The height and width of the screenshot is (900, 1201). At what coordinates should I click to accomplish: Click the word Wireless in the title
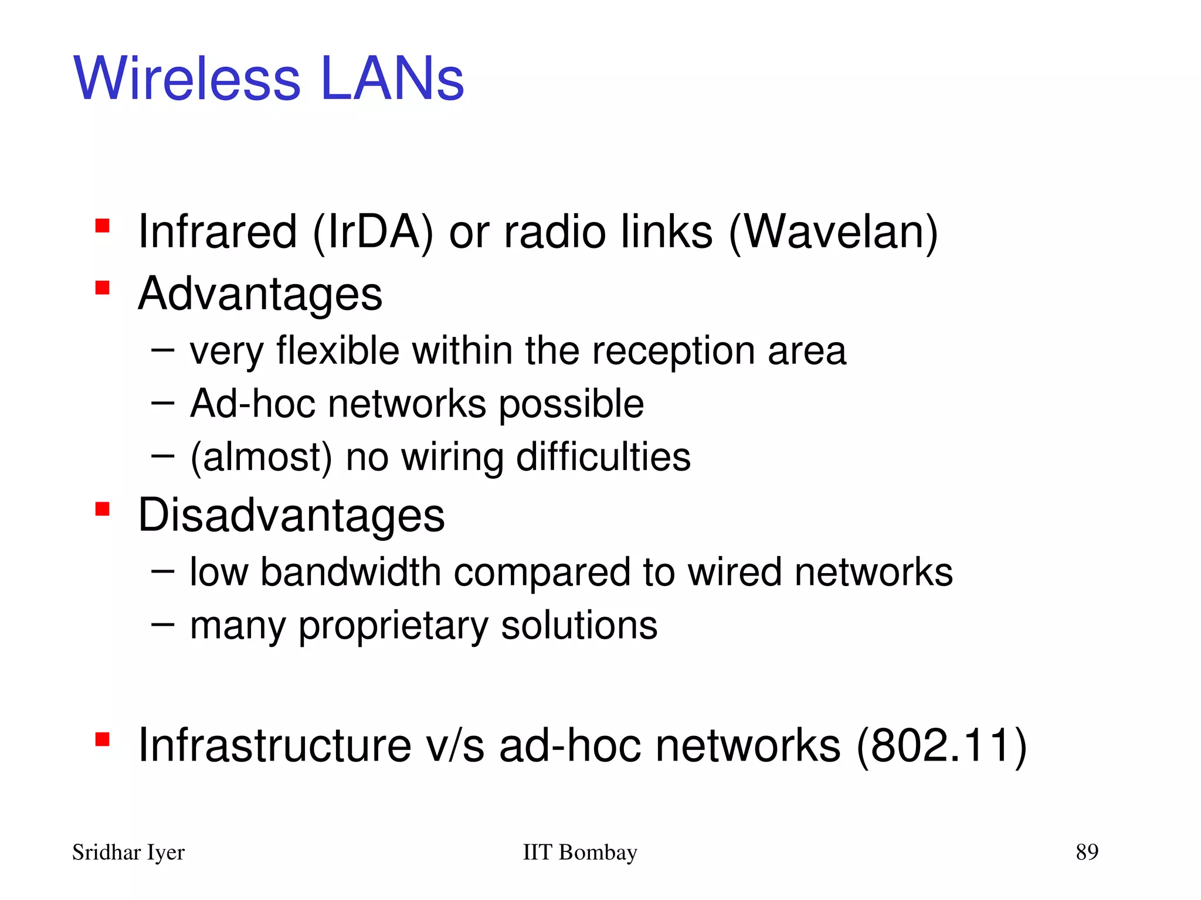coord(187,79)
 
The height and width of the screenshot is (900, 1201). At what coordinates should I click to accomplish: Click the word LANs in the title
coord(392,79)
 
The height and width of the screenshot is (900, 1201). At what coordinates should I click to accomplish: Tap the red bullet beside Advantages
coord(103,288)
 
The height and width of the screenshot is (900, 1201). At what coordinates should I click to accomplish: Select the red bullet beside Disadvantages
coord(103,509)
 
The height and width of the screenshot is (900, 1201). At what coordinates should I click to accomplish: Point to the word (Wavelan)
coord(833,232)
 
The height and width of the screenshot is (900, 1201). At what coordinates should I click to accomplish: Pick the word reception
coord(673,352)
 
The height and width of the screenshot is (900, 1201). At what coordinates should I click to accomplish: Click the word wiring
coord(452,457)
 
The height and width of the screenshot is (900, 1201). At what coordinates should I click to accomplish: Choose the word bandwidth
coord(351,572)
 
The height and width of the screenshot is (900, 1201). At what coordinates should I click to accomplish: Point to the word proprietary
coord(393,626)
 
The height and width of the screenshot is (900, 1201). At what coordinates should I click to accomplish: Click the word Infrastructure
coord(274,745)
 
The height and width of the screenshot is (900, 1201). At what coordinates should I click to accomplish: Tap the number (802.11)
coord(942,745)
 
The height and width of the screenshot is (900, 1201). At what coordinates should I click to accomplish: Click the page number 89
coord(1087,851)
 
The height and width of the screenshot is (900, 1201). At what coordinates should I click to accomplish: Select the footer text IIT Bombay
coord(579,852)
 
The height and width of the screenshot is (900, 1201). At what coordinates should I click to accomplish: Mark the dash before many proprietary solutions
coord(162,625)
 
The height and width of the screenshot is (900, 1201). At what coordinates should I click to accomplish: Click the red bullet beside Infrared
coord(103,226)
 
